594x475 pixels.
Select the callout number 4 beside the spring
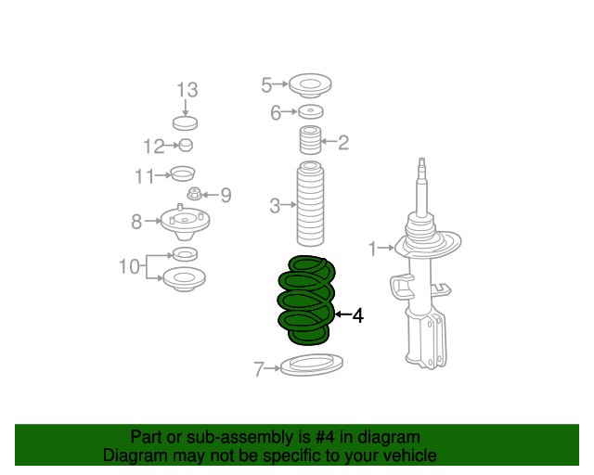pyautogui.click(x=358, y=315)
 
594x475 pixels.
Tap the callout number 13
pyautogui.click(x=187, y=90)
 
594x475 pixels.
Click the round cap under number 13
pyautogui.click(x=186, y=123)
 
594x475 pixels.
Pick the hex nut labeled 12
pyautogui.click(x=186, y=145)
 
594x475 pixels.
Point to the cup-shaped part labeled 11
pyautogui.click(x=183, y=173)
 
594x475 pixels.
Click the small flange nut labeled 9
pyautogui.click(x=194, y=194)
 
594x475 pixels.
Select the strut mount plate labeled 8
pyautogui.click(x=185, y=224)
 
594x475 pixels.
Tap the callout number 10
pyautogui.click(x=129, y=266)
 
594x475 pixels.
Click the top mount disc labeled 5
pyautogui.click(x=310, y=85)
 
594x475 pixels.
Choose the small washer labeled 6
pyautogui.click(x=311, y=111)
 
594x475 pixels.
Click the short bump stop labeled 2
pyautogui.click(x=311, y=140)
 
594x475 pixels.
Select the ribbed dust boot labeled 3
pyautogui.click(x=310, y=204)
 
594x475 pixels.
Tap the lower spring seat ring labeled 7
pyautogui.click(x=312, y=365)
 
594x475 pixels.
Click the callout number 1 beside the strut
pyautogui.click(x=373, y=249)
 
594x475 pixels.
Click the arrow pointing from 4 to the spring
pyautogui.click(x=343, y=314)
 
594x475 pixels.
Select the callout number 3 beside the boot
pyautogui.click(x=275, y=206)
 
